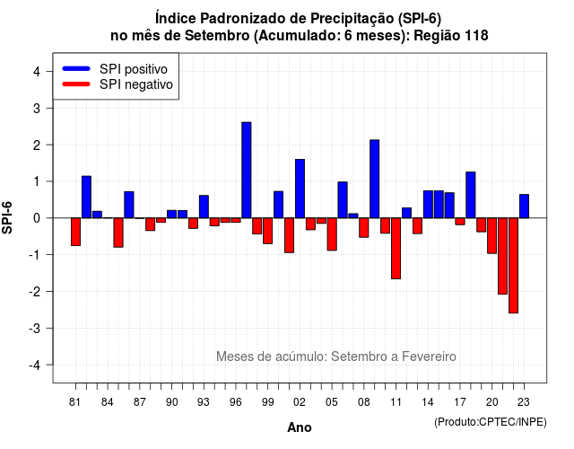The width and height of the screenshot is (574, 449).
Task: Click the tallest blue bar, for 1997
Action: [x=247, y=170]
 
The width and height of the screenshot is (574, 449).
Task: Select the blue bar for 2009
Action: [x=375, y=179]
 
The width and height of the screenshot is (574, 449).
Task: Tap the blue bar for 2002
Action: [x=300, y=189]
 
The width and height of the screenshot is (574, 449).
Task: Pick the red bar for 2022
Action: [x=513, y=266]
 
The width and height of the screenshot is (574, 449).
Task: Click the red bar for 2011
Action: [x=396, y=249]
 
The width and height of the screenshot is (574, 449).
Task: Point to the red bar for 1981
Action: [x=75, y=232]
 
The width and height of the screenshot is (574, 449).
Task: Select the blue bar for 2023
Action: [x=524, y=207]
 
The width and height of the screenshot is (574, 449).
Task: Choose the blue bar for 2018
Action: [x=471, y=195]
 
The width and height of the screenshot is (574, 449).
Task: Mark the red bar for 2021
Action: [x=502, y=256]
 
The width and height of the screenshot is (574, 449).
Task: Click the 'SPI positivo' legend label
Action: [x=134, y=69]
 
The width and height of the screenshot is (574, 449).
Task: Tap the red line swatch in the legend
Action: [x=76, y=84]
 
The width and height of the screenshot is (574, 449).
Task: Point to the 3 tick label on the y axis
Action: [x=36, y=108]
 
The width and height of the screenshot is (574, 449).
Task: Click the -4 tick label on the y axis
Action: [x=35, y=365]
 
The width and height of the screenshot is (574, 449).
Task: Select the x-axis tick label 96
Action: [x=236, y=402]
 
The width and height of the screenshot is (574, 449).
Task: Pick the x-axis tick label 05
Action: [x=332, y=402]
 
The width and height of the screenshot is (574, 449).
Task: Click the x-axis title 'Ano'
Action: [x=300, y=427]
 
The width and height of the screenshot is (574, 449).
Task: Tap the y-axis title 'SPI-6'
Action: [x=7, y=217]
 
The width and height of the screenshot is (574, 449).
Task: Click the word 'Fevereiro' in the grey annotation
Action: [x=429, y=357]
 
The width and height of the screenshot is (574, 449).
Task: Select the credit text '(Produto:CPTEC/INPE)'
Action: [x=491, y=422]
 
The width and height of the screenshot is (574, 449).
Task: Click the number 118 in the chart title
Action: [x=476, y=36]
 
